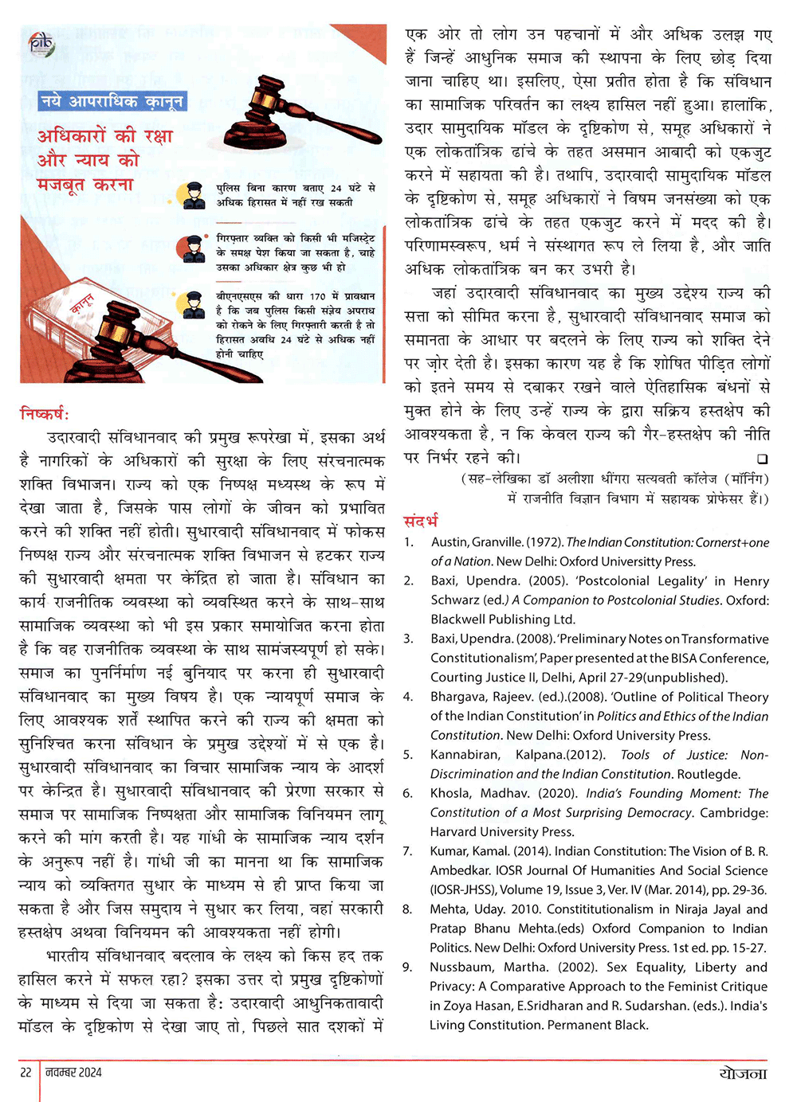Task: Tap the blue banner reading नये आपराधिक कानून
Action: (x=112, y=101)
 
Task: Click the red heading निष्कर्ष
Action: (x=45, y=413)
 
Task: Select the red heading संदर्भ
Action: (x=421, y=522)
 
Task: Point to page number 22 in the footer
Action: (x=26, y=1072)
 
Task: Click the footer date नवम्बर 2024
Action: (x=73, y=1072)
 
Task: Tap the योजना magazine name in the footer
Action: (x=742, y=1072)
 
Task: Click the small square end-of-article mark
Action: (x=763, y=459)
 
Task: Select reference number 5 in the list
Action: (x=408, y=755)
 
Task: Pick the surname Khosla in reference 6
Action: (x=450, y=793)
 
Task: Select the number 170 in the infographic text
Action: (x=317, y=296)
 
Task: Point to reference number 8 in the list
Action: (x=408, y=909)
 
